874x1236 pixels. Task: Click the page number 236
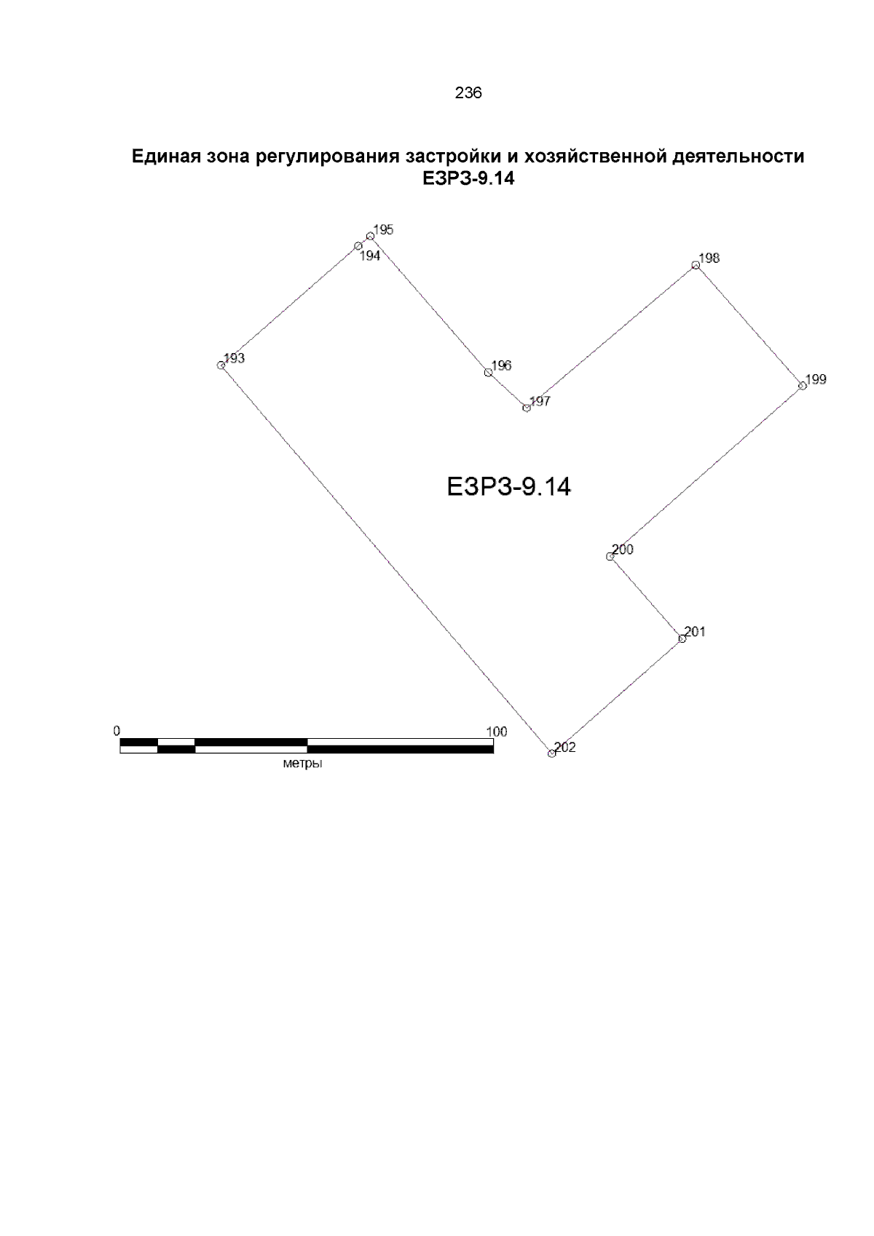tap(468, 93)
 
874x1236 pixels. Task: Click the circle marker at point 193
tap(221, 365)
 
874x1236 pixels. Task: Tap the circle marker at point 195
tap(371, 236)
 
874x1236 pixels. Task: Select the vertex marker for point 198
tap(696, 266)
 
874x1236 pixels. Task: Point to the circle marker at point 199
tap(803, 386)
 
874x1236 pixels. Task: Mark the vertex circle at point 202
tap(551, 753)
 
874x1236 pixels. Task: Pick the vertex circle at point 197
tap(527, 408)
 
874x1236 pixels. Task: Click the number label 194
tap(370, 256)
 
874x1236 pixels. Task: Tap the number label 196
tap(502, 365)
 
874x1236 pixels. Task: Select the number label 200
tap(623, 549)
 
